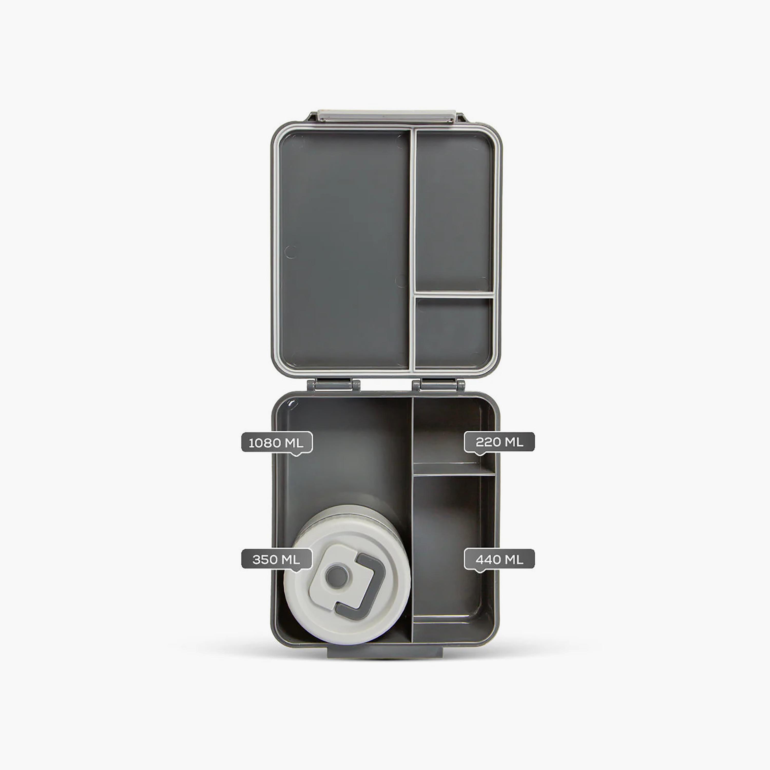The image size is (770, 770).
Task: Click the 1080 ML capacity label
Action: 277,443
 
